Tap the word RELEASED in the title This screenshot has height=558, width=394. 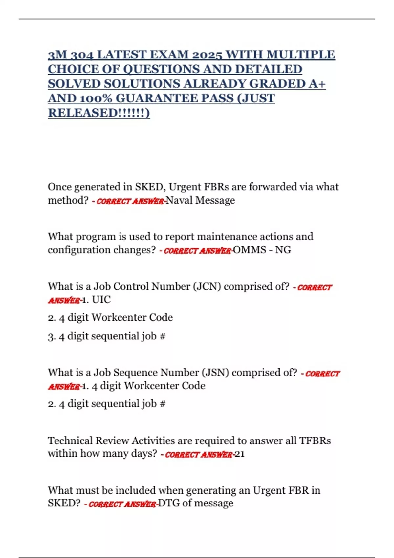click(82, 113)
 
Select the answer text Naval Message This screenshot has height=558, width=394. click(200, 200)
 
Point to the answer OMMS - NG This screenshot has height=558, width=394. click(262, 250)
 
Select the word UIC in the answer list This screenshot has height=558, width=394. click(101, 300)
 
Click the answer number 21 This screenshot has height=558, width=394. click(240, 454)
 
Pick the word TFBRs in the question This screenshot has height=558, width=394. click(315, 440)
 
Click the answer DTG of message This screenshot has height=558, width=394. click(196, 503)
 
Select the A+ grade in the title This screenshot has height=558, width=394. click(317, 84)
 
